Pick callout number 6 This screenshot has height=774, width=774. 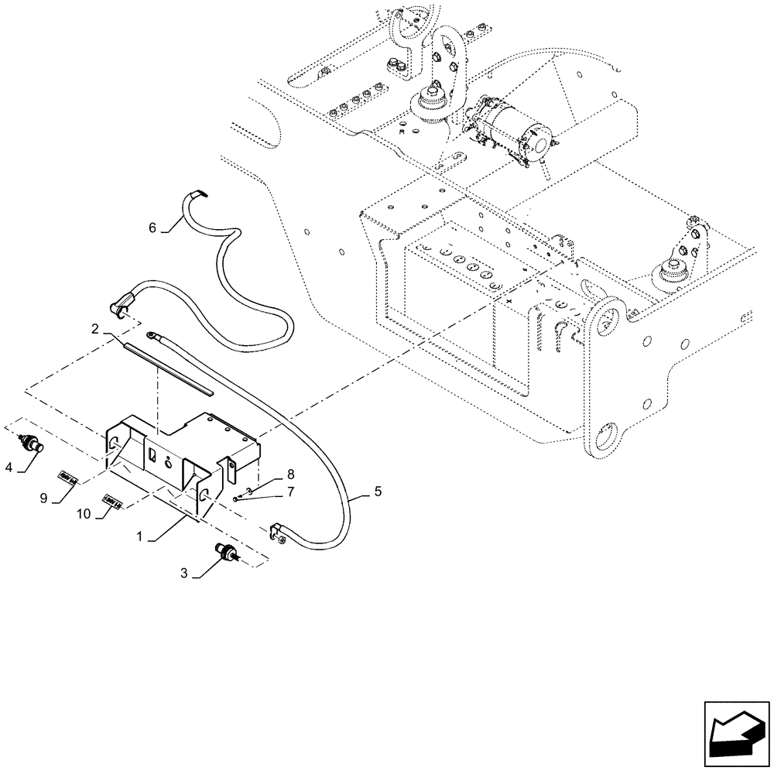click(x=152, y=227)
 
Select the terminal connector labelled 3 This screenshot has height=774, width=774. click(x=225, y=553)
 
